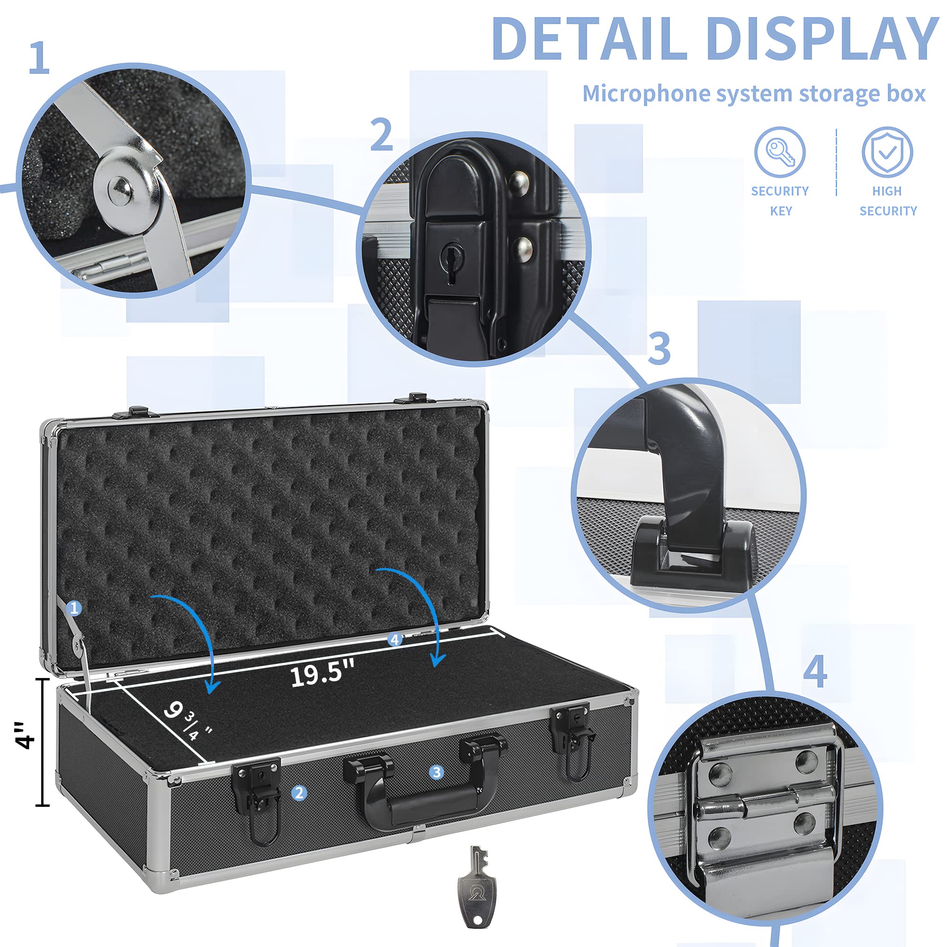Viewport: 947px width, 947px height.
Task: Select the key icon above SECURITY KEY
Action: click(779, 152)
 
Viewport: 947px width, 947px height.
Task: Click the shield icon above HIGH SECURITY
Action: click(887, 152)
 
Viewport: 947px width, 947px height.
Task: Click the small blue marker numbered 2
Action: click(299, 793)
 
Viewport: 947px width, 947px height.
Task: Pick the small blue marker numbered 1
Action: click(74, 608)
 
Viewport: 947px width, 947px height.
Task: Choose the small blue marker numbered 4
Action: click(394, 639)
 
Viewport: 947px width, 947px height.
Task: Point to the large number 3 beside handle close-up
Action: click(659, 348)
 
